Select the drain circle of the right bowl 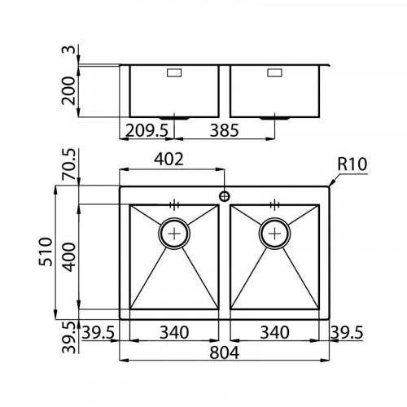tap(274, 233)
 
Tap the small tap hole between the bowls tap(224, 196)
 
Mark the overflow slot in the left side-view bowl tap(174, 73)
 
